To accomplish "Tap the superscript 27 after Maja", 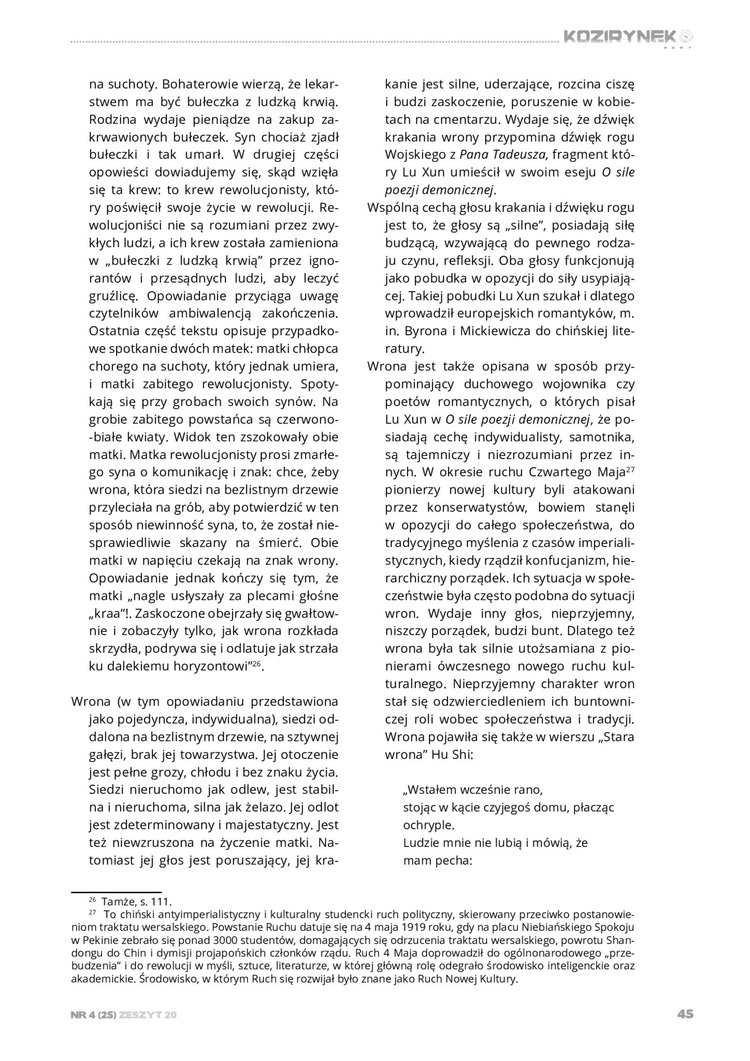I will click(630, 470).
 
